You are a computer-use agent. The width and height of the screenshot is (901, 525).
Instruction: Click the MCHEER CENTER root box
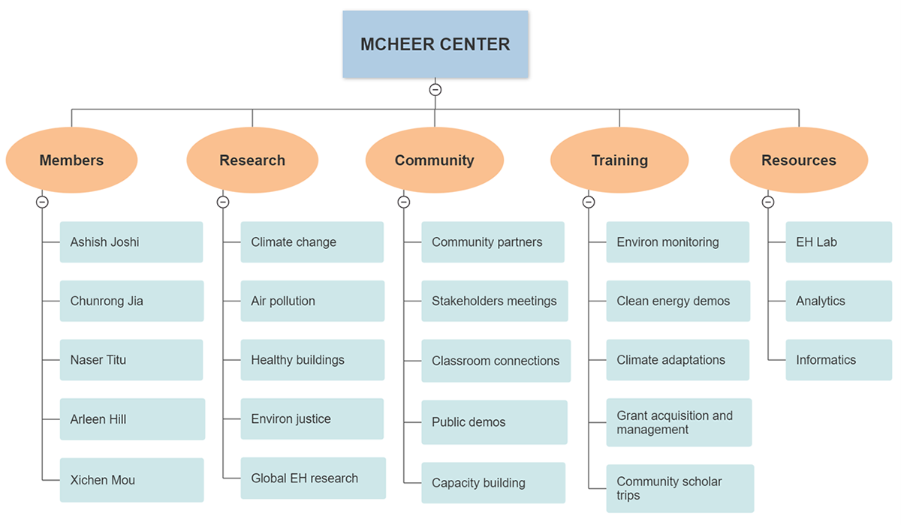tap(435, 44)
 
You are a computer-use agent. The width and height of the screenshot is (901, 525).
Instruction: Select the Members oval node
tap(71, 160)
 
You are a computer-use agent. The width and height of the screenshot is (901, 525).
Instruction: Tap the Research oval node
tap(252, 160)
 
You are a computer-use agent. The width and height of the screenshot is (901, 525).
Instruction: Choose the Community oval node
tap(434, 160)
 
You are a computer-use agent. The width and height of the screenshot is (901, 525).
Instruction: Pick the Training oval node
tap(619, 160)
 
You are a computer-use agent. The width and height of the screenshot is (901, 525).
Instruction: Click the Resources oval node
tap(799, 160)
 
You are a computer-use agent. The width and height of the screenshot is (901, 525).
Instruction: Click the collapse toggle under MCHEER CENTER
tap(435, 90)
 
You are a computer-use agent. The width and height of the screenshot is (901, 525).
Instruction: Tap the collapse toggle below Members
tap(43, 202)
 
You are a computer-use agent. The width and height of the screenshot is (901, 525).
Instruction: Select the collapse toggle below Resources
tap(768, 202)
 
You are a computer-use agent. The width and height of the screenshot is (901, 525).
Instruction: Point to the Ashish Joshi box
tap(131, 242)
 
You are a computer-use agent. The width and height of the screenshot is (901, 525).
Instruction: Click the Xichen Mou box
tap(131, 480)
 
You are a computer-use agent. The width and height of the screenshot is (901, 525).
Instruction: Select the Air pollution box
tap(312, 301)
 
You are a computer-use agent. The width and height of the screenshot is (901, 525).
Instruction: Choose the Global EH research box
tap(313, 478)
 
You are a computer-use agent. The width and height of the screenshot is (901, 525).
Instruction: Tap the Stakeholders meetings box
tap(494, 301)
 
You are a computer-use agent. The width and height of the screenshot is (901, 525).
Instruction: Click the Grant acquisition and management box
tap(679, 422)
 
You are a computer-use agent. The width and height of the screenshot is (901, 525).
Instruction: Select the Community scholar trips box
tap(680, 488)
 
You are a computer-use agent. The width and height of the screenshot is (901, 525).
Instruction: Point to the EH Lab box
tap(839, 242)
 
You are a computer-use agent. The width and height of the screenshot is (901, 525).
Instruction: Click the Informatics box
tap(839, 360)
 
